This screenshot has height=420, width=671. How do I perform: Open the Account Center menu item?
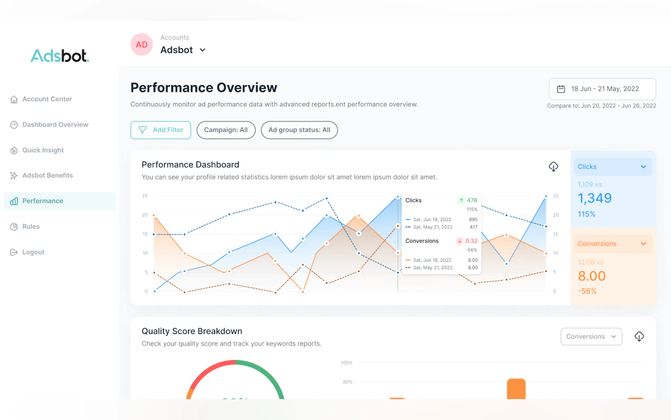tap(47, 99)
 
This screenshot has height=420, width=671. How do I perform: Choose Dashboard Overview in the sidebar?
tap(55, 125)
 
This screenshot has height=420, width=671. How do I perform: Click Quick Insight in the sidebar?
tap(43, 150)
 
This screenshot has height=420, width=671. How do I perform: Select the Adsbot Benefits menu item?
tap(48, 175)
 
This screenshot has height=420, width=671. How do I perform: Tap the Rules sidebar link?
tap(31, 226)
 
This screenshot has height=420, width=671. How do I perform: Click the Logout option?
tap(33, 252)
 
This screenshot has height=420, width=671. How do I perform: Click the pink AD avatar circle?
tap(142, 44)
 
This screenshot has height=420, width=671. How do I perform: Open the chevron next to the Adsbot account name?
tap(203, 50)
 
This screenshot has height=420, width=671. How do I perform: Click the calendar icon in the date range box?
tap(561, 89)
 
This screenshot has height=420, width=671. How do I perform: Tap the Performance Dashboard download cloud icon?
tap(553, 167)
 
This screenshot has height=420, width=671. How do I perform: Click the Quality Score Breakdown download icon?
tap(639, 336)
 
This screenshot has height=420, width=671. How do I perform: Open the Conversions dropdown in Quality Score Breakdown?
tap(591, 336)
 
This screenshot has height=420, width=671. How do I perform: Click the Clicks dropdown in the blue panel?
tap(613, 167)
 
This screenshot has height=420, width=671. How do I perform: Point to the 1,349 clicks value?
tap(594, 198)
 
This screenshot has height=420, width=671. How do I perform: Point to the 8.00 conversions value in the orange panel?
tap(591, 276)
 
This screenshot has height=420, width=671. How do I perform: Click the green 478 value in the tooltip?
tap(472, 200)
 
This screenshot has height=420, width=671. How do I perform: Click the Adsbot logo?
tap(60, 56)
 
